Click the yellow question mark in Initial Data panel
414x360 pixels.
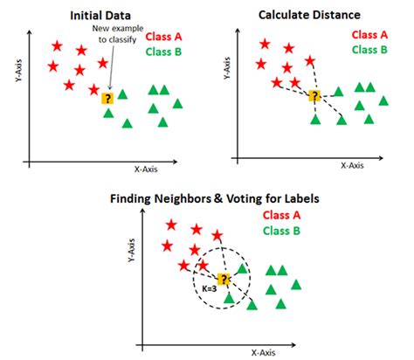point(107,99)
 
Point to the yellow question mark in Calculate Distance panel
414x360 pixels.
point(314,95)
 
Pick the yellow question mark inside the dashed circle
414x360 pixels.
point(224,279)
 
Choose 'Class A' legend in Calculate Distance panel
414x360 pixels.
point(370,34)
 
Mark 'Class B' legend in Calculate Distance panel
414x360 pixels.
point(370,49)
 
